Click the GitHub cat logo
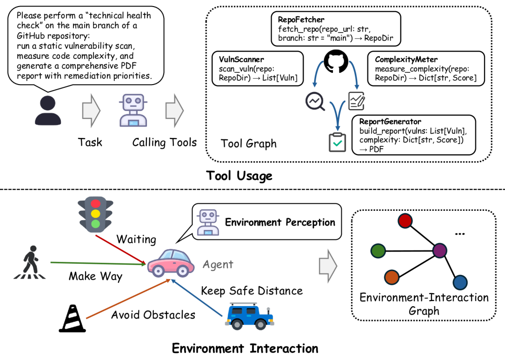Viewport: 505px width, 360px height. tap(336, 61)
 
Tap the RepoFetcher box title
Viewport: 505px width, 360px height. tap(301, 20)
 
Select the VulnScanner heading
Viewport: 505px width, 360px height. tap(241, 59)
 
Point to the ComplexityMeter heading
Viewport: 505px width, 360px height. tap(406, 59)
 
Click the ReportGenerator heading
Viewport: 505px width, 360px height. tap(390, 122)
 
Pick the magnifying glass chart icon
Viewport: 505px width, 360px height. tap(315, 101)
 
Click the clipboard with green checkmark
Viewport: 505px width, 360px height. tap(337, 142)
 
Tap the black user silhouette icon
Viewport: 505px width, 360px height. tap(48, 110)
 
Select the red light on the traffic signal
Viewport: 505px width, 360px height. tap(95, 203)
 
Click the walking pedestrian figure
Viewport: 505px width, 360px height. tap(29, 262)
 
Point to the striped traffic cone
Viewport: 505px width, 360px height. tap(72, 318)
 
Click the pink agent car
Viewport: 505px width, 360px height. tap(171, 263)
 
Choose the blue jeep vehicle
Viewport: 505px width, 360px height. tap(249, 316)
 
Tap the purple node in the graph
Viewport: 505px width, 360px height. tap(440, 251)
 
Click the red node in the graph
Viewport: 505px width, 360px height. tap(405, 221)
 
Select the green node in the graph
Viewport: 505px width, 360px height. tap(378, 251)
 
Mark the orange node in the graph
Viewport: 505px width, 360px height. tap(392, 277)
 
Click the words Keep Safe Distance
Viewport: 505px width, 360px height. tap(252, 291)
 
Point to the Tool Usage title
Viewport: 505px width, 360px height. tap(239, 176)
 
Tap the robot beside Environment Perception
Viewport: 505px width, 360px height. tap(208, 223)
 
